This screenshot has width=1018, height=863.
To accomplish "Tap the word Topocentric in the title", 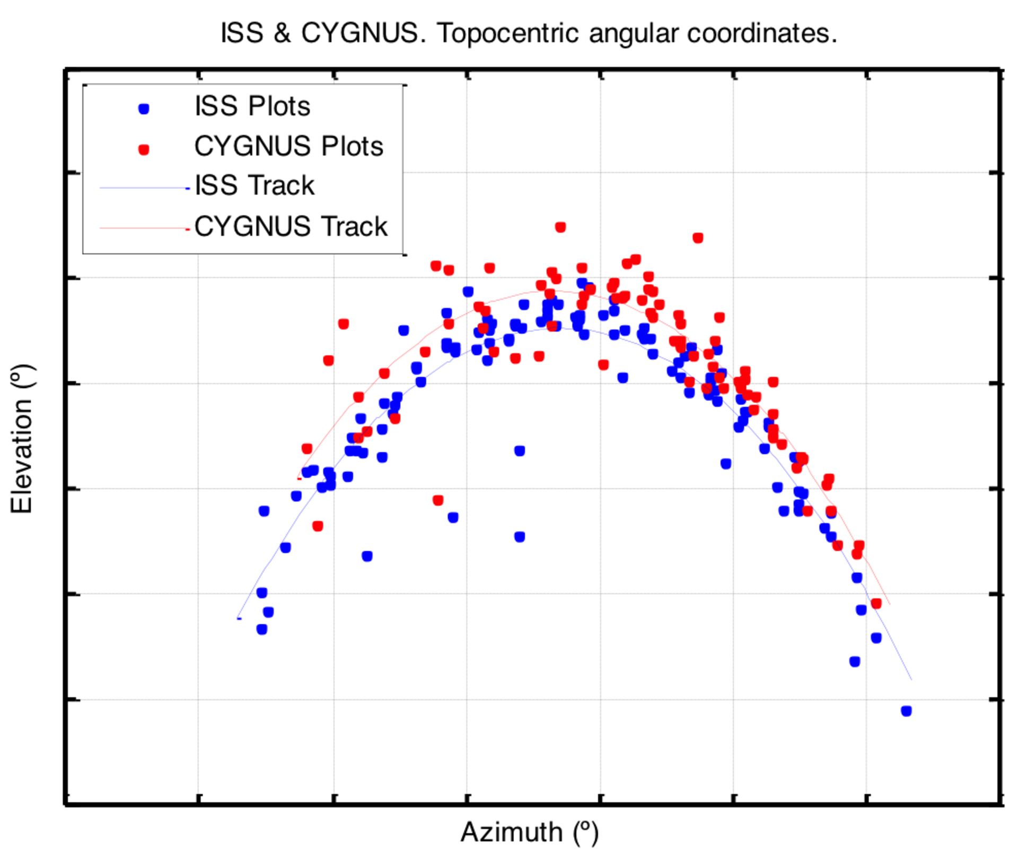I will click(508, 33).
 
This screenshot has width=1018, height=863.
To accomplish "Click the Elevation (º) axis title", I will click(22, 439).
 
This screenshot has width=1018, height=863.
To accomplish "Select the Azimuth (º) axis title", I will click(529, 832).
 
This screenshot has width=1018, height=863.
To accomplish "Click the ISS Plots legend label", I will click(252, 106).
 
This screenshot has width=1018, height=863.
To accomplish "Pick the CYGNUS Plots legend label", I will click(288, 146).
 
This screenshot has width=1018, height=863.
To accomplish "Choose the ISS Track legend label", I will click(254, 186).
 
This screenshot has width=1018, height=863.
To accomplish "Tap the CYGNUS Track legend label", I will click(291, 226).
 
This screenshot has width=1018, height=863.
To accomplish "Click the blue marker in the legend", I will click(144, 109).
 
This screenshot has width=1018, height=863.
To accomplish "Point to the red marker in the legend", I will click(144, 150).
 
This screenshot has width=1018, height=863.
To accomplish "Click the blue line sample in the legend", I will click(143, 188).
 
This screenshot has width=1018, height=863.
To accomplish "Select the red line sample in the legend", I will click(143, 229).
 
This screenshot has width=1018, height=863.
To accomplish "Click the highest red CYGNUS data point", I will click(560, 227).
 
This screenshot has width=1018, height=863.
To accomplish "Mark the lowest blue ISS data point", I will click(906, 711).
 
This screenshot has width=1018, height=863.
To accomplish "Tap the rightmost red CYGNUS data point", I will click(876, 604).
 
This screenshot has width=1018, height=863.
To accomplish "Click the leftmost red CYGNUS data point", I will click(306, 449).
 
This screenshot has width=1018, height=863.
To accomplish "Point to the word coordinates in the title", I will click(762, 33).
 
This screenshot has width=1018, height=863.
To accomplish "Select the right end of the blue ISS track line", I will click(911, 679).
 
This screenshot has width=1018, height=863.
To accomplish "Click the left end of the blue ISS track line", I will click(238, 618).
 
